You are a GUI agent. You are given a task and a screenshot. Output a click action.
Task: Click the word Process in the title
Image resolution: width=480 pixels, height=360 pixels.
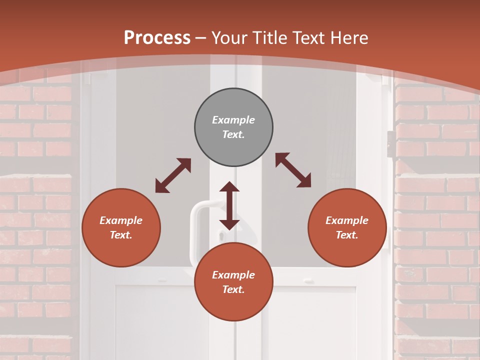point(157,38)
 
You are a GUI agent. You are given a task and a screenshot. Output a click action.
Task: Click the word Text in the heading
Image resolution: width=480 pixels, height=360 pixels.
point(310,38)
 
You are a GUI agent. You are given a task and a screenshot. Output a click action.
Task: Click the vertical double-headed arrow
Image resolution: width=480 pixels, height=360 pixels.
point(229,205)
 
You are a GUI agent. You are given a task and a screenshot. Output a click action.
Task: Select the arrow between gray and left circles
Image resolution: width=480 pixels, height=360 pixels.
point(173,175)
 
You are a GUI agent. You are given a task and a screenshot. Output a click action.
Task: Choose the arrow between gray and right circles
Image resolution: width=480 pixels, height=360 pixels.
point(293,170)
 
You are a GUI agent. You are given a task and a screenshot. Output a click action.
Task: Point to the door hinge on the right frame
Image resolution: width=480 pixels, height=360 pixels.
point(389,144)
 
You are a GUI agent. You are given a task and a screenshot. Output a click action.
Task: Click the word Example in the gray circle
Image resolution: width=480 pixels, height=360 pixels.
point(233,120)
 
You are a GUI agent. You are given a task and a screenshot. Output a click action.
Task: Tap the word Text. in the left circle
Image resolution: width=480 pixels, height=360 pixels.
point(121,235)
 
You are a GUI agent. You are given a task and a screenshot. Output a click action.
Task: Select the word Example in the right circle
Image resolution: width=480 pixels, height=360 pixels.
point(347,220)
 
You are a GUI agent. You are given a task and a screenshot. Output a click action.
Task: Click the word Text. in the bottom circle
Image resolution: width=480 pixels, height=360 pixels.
point(233,289)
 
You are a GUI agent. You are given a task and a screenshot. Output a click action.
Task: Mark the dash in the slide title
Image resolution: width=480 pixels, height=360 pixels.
point(201,38)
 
